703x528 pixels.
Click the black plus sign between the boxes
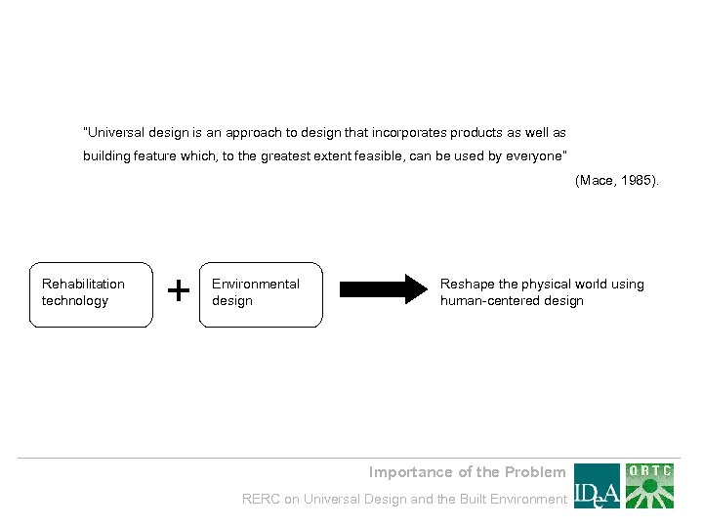(178, 290)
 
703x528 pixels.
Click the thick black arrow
(377, 290)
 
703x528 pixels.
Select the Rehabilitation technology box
(92, 293)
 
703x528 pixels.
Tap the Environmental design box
(261, 293)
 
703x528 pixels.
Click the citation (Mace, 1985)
(617, 181)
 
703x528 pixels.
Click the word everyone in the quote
(533, 155)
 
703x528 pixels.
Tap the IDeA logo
(597, 486)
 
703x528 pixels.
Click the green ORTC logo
(650, 486)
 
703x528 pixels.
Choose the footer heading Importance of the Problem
(467, 472)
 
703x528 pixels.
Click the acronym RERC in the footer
(261, 500)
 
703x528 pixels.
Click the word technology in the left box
(75, 301)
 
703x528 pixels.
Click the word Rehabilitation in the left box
(83, 285)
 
